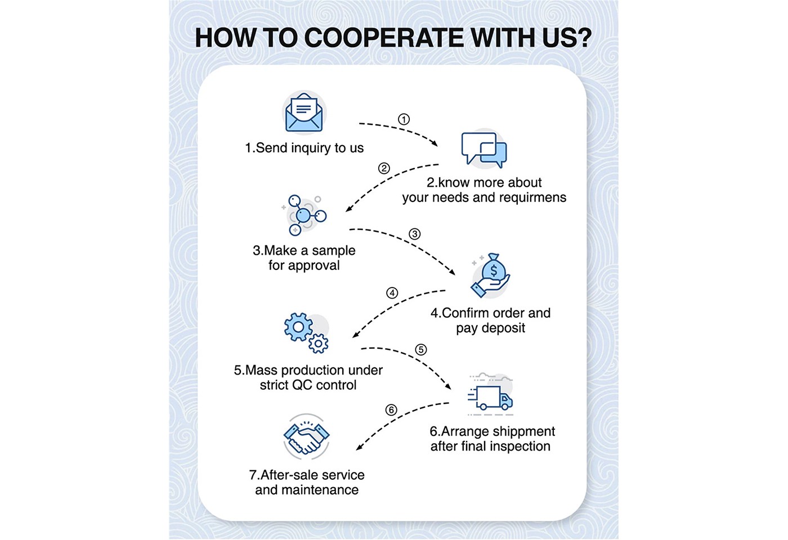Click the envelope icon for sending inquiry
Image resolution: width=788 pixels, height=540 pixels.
coord(304,112)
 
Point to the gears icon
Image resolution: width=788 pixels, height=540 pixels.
coord(306,332)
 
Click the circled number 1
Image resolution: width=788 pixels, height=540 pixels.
coord(404,119)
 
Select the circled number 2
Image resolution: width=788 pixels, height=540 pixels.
coord(384,168)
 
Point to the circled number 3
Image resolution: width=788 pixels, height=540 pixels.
coord(414,234)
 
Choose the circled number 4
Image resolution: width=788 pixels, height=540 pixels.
coord(392,293)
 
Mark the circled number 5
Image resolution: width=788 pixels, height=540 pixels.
coord(420,350)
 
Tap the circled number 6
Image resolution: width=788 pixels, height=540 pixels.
coord(391,410)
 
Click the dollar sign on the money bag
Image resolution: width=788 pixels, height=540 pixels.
coord(494,271)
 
